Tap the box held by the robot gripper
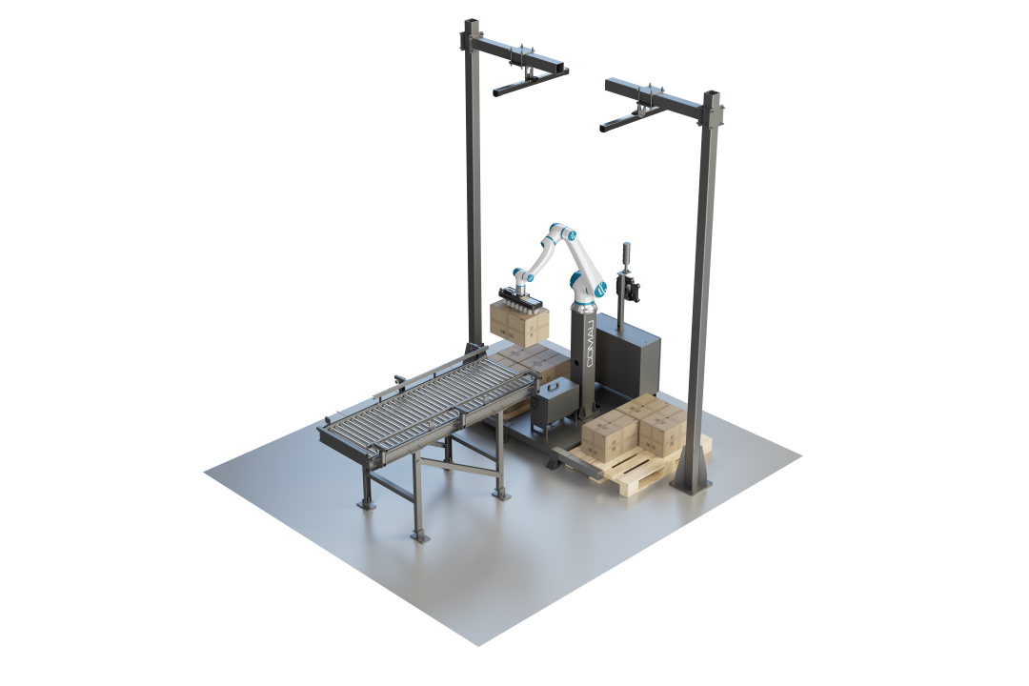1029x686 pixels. (520, 324)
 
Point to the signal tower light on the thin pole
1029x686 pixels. (624, 252)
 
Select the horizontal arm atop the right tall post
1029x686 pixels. (659, 97)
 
